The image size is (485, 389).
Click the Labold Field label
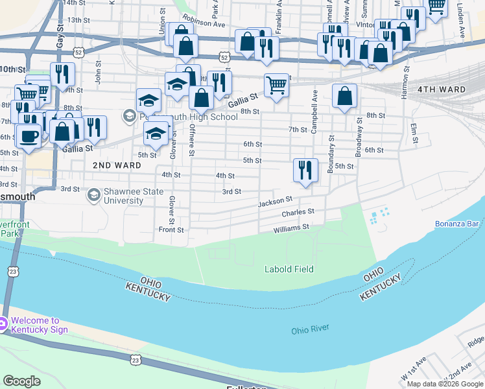click(289, 269)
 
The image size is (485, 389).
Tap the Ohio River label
click(310, 330)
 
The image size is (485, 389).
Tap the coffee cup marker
click(28, 136)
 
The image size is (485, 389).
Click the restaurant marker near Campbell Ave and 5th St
click(305, 171)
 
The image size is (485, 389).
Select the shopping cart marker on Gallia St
click(277, 85)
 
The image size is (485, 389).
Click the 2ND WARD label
click(117, 166)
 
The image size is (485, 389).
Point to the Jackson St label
click(275, 203)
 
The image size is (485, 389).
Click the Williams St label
click(291, 228)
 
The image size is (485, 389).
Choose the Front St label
click(172, 230)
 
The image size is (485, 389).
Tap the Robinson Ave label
click(204, 21)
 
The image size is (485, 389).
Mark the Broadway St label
click(358, 137)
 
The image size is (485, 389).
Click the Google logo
click(21, 381)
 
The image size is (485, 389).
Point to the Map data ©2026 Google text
click(444, 384)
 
